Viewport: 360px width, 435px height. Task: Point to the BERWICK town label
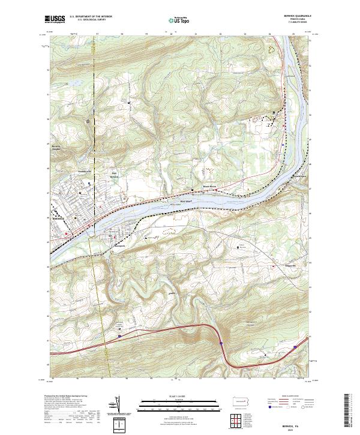(55, 218)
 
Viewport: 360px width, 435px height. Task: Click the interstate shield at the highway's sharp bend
(221, 344)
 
